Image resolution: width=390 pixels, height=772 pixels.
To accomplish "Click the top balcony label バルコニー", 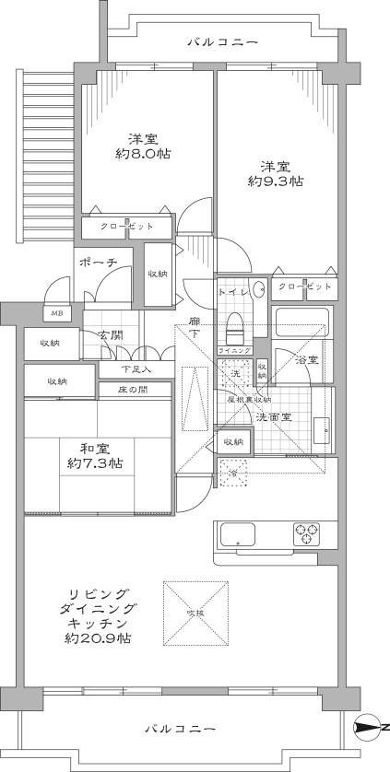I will [222, 41].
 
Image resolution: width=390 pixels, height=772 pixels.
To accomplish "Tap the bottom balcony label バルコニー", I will [181, 729].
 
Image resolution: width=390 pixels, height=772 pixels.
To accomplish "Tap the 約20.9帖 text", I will [97, 637].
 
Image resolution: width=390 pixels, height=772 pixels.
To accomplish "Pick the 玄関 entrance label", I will [111, 334].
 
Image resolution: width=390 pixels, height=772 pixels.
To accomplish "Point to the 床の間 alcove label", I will [133, 391].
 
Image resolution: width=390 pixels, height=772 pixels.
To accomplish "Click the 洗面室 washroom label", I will [274, 415].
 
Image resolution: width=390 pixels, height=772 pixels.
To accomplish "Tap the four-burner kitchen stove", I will [306, 532].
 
